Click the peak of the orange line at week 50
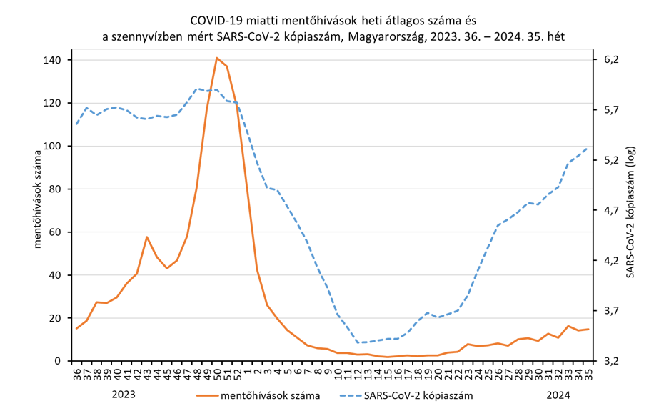click(216, 58)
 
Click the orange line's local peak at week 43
click(146, 237)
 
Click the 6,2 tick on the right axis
click(610, 60)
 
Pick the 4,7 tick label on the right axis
click(610, 211)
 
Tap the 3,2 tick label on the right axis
click(610, 361)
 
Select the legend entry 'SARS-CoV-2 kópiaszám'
click(418, 394)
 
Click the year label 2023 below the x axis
click(124, 393)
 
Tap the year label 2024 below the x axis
click(558, 393)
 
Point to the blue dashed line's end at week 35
click(587, 149)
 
